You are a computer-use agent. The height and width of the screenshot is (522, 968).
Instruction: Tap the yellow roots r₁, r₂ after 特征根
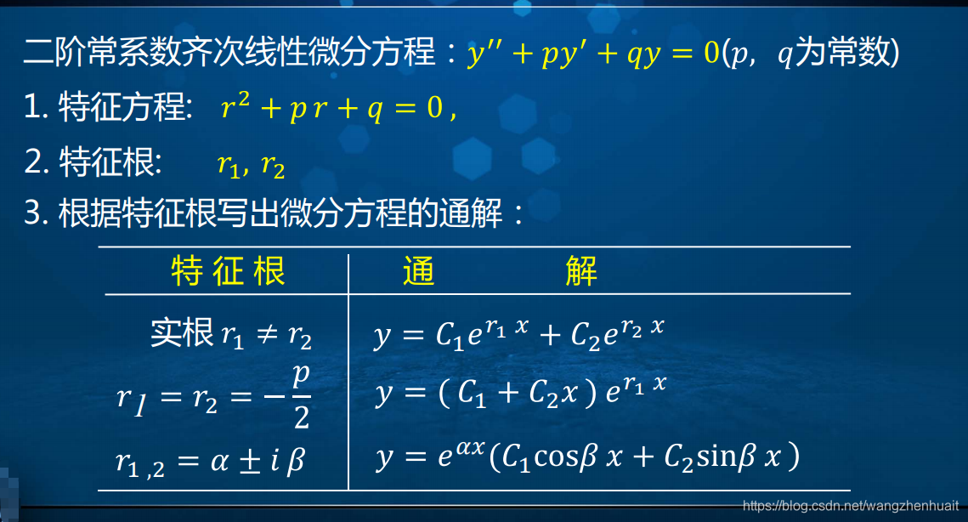250,165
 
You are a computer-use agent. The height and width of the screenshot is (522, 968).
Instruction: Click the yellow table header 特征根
228,271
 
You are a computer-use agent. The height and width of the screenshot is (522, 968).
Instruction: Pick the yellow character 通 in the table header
418,271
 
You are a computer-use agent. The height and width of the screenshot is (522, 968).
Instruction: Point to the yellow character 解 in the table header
581,271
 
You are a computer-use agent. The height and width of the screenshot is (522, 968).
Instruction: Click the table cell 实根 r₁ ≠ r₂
231,334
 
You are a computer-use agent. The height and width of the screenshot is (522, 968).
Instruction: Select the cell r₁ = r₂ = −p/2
214,397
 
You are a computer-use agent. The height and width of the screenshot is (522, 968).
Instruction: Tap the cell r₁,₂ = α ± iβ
211,461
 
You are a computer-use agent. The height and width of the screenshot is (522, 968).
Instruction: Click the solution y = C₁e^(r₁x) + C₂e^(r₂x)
518,333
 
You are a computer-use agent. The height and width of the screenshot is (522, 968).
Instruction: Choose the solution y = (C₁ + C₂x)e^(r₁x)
519,392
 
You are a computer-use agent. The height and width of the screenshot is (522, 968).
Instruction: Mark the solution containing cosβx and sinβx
586,458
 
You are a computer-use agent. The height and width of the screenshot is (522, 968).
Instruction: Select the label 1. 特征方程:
114,109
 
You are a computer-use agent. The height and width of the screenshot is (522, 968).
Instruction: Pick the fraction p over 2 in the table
301,397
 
